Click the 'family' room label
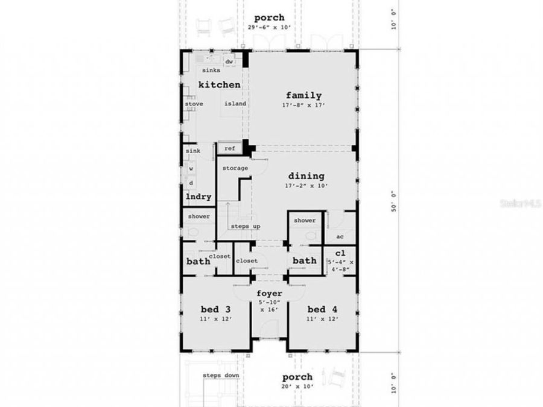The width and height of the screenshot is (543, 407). click(303, 95)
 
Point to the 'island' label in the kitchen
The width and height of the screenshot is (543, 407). click(235, 104)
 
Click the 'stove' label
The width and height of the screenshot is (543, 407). click(194, 104)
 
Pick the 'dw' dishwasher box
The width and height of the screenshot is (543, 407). click(229, 62)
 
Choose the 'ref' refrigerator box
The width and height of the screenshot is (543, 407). click(229, 148)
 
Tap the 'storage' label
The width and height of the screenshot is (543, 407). click(235, 168)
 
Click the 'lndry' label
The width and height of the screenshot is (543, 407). click(197, 197)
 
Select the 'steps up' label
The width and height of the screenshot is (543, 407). click(245, 226)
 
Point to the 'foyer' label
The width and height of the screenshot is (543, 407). click(269, 293)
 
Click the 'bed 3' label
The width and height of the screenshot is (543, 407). click(214, 309)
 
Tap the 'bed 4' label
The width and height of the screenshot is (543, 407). click(321, 309)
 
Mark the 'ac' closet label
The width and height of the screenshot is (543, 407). click(339, 236)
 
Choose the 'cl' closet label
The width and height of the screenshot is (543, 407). click(340, 253)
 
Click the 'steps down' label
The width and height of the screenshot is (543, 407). click(221, 376)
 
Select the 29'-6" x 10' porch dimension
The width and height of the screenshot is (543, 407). click(268, 27)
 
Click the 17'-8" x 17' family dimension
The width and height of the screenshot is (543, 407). click(304, 105)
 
